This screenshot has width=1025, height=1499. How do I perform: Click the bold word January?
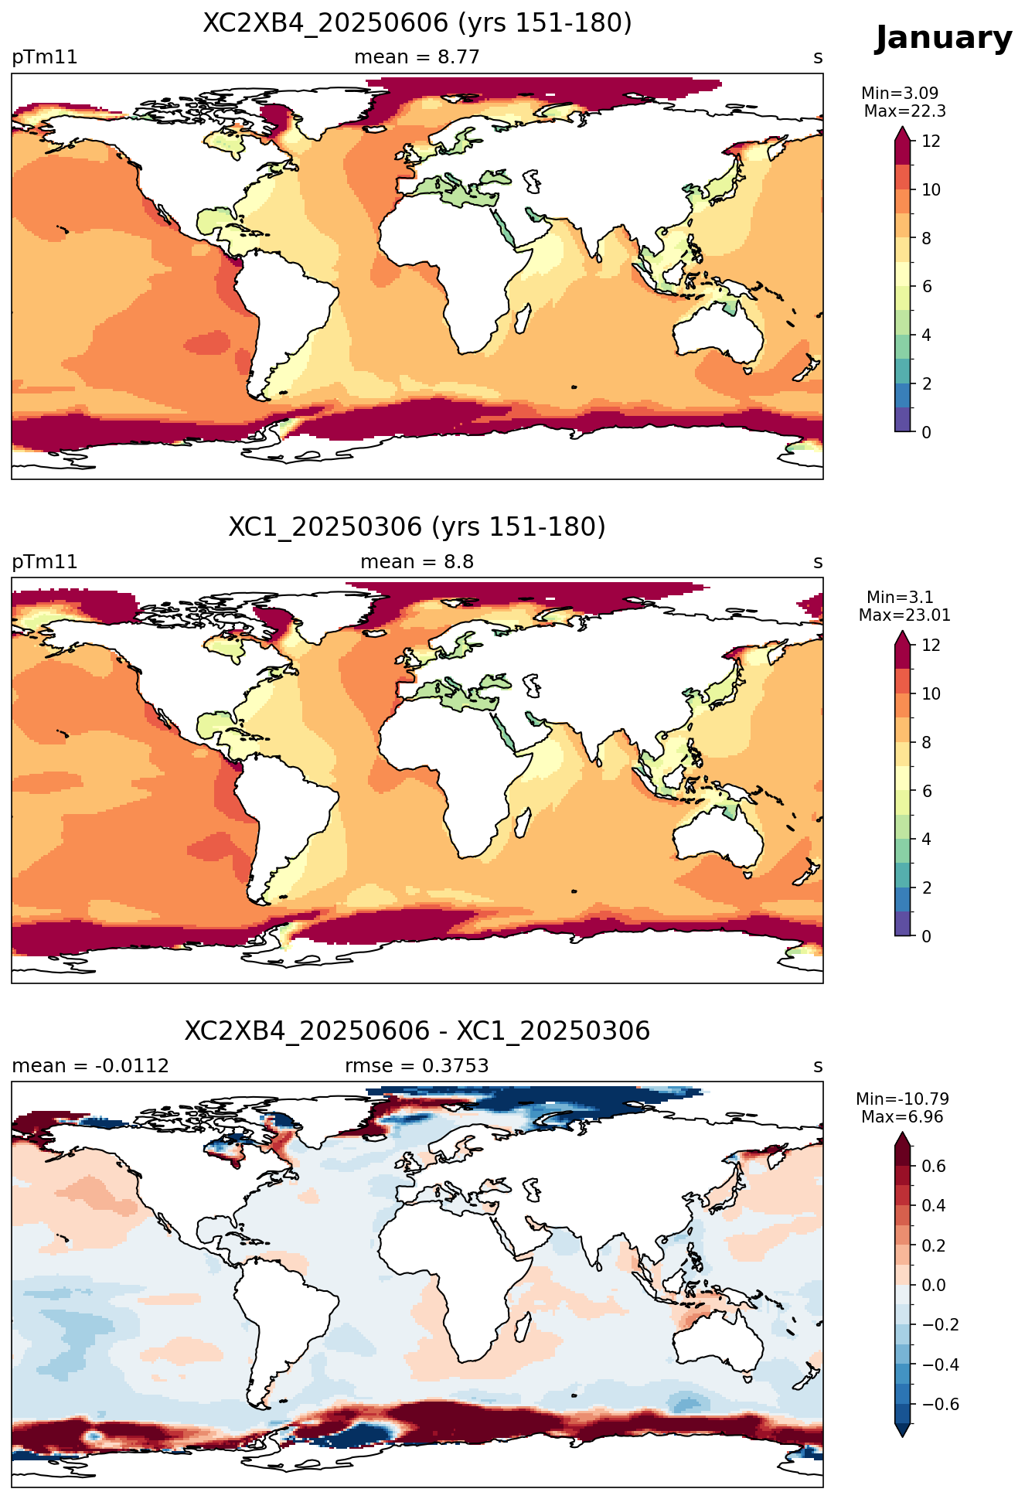tap(943, 38)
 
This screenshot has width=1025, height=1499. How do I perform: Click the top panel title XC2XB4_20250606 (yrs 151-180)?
tap(417, 23)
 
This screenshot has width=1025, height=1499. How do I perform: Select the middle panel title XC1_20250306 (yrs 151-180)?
tap(417, 527)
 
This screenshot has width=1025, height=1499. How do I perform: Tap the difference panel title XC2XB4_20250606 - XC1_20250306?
tap(417, 1031)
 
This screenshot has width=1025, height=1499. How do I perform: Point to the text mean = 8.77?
tap(417, 57)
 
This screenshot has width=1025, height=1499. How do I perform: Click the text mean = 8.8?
tap(417, 562)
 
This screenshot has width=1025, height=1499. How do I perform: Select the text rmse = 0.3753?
tap(417, 1066)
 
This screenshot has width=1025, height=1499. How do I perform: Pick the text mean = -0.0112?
tap(90, 1066)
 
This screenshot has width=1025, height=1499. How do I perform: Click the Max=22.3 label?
tap(904, 111)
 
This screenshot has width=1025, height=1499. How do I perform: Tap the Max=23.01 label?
tap(904, 615)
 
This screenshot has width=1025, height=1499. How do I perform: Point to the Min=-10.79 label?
tap(902, 1099)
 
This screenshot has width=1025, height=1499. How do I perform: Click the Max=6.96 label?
tap(902, 1117)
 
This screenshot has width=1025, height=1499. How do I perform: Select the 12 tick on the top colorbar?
tap(931, 141)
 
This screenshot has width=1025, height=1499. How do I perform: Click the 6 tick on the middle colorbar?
tap(926, 791)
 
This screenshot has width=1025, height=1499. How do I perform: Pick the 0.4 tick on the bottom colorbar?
tap(934, 1206)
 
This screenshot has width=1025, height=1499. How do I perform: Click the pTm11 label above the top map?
tap(45, 57)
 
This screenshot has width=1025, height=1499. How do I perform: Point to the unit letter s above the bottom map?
tap(818, 1066)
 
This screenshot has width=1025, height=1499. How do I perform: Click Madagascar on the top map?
tap(523, 319)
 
